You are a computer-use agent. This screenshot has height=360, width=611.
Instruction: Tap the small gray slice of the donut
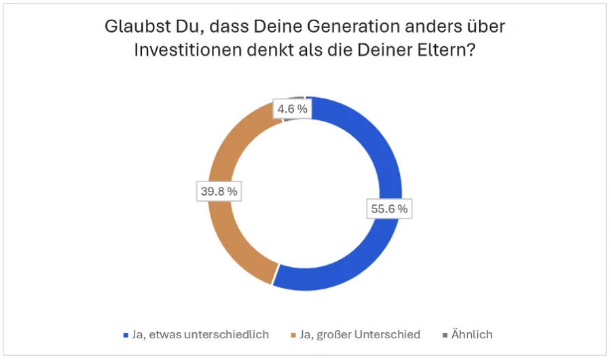299,100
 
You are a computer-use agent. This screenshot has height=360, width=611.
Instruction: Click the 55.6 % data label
389,209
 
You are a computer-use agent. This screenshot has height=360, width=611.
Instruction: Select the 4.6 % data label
293,109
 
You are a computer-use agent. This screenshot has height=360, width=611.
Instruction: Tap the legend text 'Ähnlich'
471,334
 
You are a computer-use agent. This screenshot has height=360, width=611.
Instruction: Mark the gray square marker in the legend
445,335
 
